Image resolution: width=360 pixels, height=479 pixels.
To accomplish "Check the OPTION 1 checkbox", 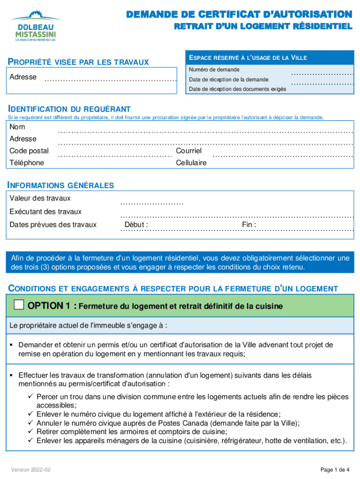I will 19,305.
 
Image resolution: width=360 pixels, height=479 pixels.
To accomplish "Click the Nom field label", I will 17,127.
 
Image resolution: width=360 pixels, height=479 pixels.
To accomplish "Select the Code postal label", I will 29,151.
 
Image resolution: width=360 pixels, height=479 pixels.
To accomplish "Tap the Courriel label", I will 188,151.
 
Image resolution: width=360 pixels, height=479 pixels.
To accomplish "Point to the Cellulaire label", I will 191,163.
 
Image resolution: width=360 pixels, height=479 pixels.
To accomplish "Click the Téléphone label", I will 27,163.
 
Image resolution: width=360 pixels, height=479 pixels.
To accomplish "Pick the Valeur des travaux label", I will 40,198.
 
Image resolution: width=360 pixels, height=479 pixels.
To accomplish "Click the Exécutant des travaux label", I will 45,211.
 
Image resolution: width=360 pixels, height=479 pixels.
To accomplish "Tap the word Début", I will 136,225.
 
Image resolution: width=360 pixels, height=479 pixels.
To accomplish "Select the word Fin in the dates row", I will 248,225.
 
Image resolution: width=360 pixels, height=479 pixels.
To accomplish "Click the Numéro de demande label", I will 214,70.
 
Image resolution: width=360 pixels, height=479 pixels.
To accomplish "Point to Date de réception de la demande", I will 229,79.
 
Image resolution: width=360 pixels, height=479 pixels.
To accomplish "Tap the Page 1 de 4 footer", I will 335,470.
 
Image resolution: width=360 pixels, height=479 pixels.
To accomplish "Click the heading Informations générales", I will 60,185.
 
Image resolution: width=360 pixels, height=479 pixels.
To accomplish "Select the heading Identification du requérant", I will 68,109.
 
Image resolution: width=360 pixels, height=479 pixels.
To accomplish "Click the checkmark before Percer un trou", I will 31,397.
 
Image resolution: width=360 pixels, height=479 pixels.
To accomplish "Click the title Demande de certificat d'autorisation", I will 239,15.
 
